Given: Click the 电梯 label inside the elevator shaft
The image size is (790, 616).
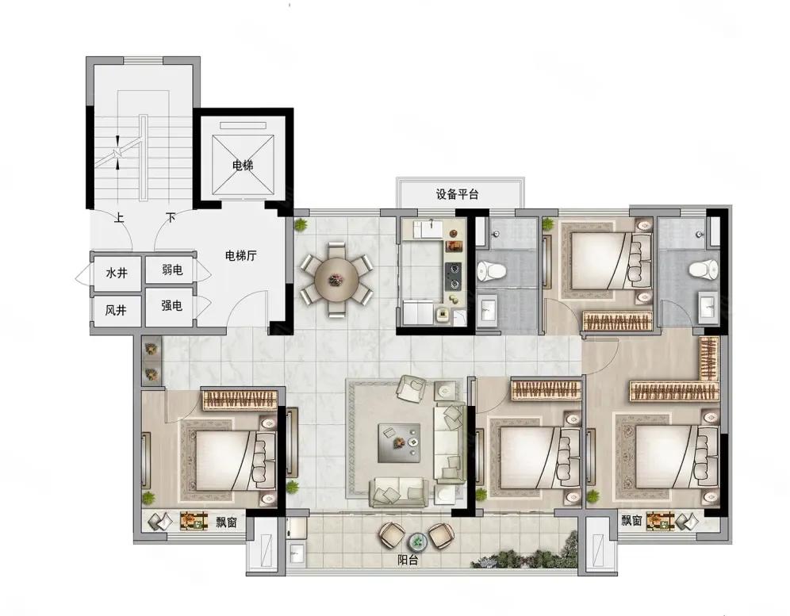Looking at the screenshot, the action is [243, 165].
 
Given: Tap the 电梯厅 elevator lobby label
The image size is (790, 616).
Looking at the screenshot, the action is [241, 256].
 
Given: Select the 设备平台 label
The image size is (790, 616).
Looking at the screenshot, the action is [458, 194].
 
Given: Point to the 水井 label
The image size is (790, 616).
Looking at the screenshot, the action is [117, 274].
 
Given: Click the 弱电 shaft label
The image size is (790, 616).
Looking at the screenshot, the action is [172, 270].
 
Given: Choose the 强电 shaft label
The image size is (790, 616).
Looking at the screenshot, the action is [172, 305].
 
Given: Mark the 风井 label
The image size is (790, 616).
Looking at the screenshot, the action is [116, 310].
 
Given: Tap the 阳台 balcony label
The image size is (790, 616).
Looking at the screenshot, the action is [407, 560].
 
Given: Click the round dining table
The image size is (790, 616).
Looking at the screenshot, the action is [336, 280].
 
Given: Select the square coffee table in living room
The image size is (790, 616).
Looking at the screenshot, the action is [400, 442].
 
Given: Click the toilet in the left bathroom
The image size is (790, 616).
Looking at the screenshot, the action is [491, 271].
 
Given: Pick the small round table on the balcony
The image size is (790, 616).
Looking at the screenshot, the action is [416, 541].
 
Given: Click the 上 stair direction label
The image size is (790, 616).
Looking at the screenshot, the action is [119, 218].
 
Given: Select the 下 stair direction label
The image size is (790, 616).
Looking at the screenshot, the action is [171, 218].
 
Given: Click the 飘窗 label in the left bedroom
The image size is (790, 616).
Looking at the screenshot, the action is [227, 522].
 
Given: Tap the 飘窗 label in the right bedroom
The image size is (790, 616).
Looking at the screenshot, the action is [631, 519].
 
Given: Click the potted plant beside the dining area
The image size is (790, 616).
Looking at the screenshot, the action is [301, 224].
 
